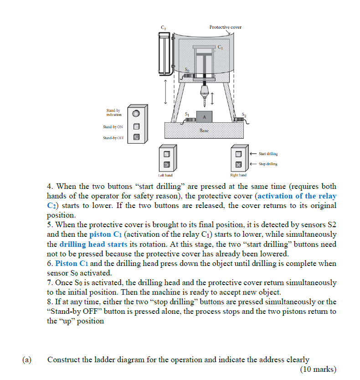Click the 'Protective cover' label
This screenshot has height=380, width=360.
tap(225, 27)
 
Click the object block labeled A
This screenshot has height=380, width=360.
tap(204, 116)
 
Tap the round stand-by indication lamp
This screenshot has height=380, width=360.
tap(136, 112)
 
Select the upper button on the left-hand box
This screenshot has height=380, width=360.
tap(167, 154)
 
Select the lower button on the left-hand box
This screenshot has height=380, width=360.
tap(167, 164)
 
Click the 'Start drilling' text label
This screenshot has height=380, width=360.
tap(268, 154)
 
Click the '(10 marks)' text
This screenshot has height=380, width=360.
tap(318, 369)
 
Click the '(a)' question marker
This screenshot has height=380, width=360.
tap(27, 359)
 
